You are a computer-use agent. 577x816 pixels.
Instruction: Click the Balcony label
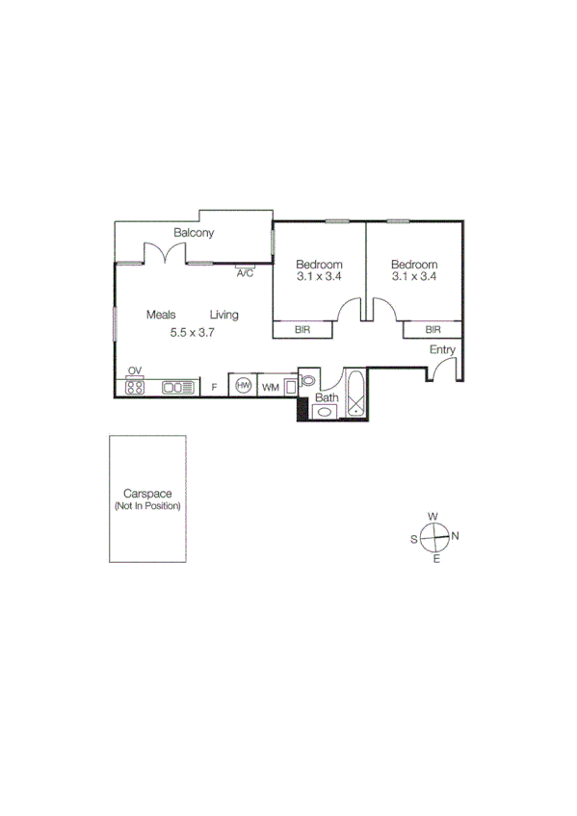coord(194,233)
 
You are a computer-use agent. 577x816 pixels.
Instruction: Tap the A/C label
coord(245,274)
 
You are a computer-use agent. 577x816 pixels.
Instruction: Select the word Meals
coord(162,315)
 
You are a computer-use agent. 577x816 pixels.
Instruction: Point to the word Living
coord(224,315)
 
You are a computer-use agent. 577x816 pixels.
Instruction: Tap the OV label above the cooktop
coord(135,371)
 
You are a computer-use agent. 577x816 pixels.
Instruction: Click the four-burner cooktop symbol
coord(135,387)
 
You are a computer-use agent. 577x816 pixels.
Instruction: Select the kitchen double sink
coord(176,387)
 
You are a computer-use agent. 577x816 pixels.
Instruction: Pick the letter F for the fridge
coord(214,387)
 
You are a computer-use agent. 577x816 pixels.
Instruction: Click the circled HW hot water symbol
coord(244,386)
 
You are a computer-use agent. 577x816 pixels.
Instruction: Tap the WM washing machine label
coord(271,387)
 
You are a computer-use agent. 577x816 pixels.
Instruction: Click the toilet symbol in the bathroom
coord(307,381)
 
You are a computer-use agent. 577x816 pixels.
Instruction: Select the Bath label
coord(328,397)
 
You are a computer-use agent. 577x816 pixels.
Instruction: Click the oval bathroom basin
coord(325,412)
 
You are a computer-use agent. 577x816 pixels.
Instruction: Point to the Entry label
coord(442,350)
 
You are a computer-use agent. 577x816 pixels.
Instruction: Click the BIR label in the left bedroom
coord(302,330)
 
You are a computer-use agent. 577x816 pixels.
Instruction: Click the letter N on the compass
coord(456,537)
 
